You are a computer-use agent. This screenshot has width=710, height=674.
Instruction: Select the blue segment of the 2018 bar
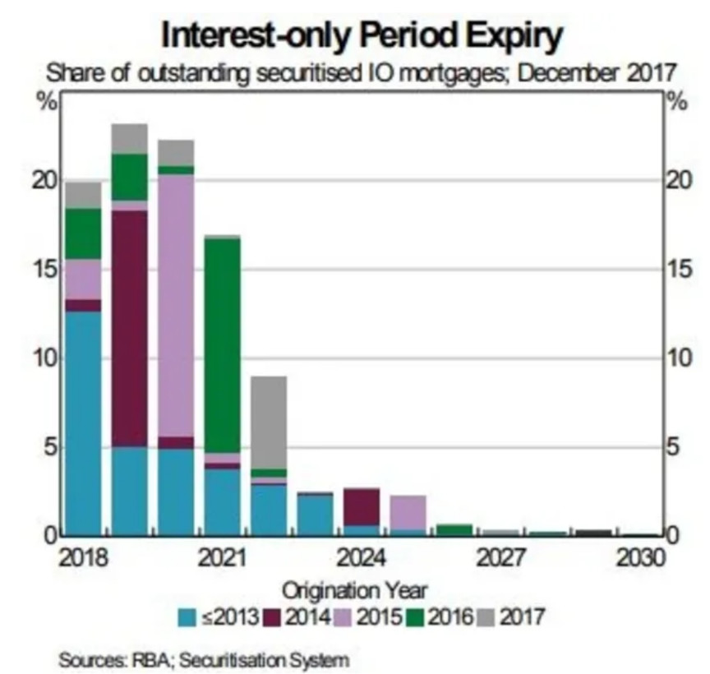(x=83, y=422)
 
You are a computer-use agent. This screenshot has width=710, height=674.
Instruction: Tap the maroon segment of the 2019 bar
(x=130, y=329)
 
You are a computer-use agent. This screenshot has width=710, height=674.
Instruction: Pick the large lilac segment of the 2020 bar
(x=176, y=305)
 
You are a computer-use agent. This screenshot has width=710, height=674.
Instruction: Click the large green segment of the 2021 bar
(x=223, y=345)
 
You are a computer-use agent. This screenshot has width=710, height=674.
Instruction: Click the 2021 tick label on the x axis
(x=223, y=559)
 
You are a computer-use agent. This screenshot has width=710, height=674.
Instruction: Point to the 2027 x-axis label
(x=501, y=559)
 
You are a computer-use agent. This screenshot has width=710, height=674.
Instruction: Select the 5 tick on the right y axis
(x=673, y=448)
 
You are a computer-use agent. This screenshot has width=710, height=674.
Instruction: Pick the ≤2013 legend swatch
(x=187, y=616)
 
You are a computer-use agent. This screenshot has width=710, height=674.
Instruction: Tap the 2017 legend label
(x=523, y=616)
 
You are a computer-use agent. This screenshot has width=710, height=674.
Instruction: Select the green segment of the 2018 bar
(x=83, y=233)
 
